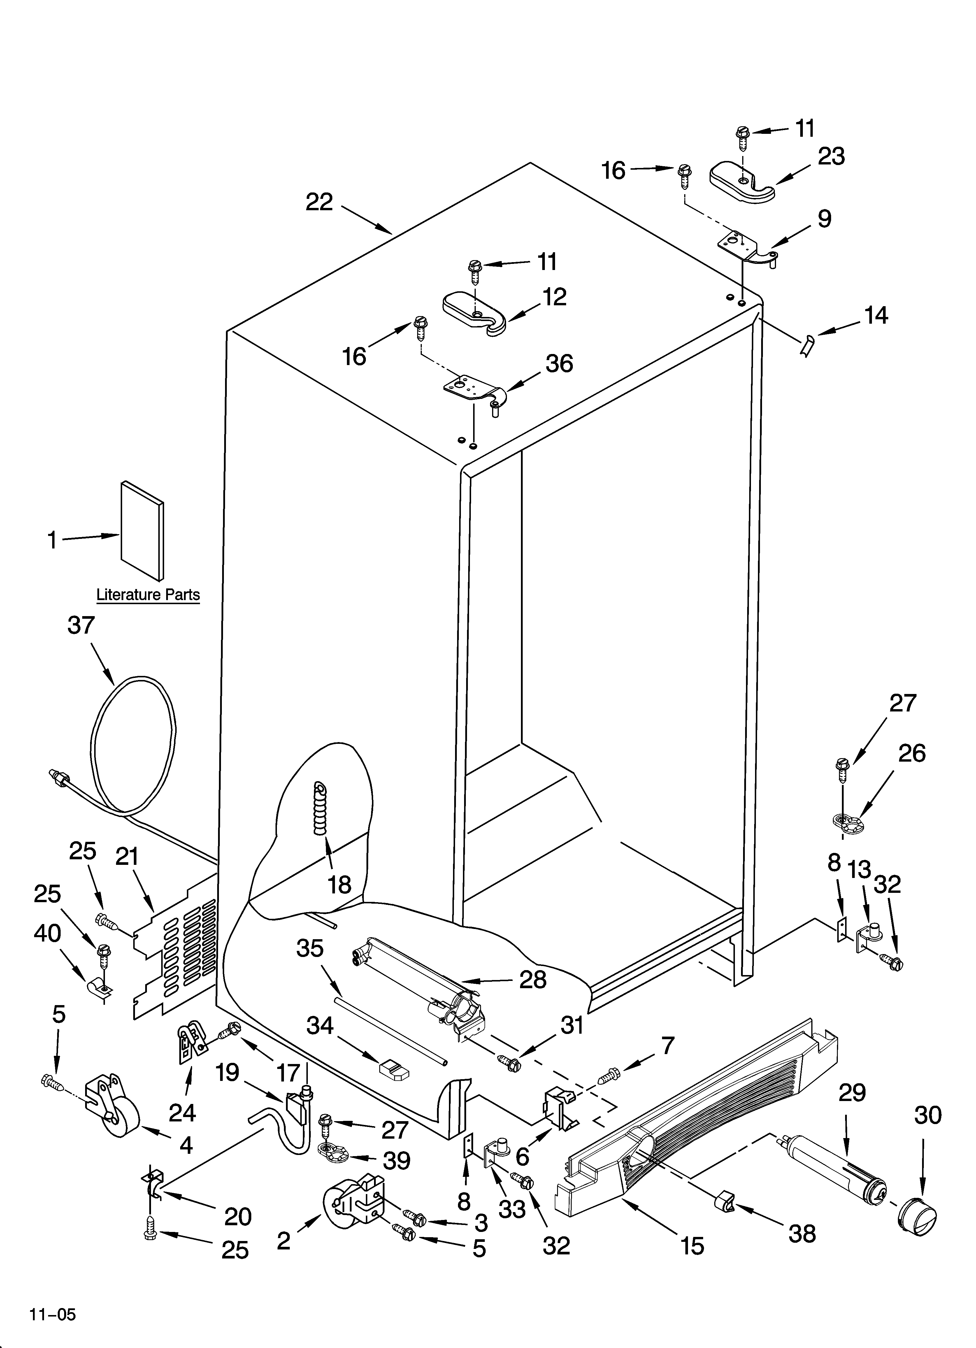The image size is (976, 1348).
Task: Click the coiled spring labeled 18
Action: pyautogui.click(x=320, y=809)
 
